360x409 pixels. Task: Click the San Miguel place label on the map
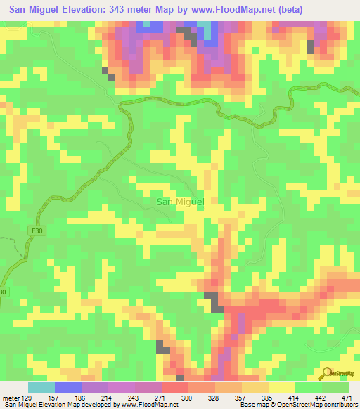tap(180, 202)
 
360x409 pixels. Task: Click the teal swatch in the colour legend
tap(41, 387)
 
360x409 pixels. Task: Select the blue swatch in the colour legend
tap(68, 387)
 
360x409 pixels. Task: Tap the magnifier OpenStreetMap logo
tap(328, 372)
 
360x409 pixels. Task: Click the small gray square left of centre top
tap(106, 71)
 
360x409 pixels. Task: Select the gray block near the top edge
tap(186, 30)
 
